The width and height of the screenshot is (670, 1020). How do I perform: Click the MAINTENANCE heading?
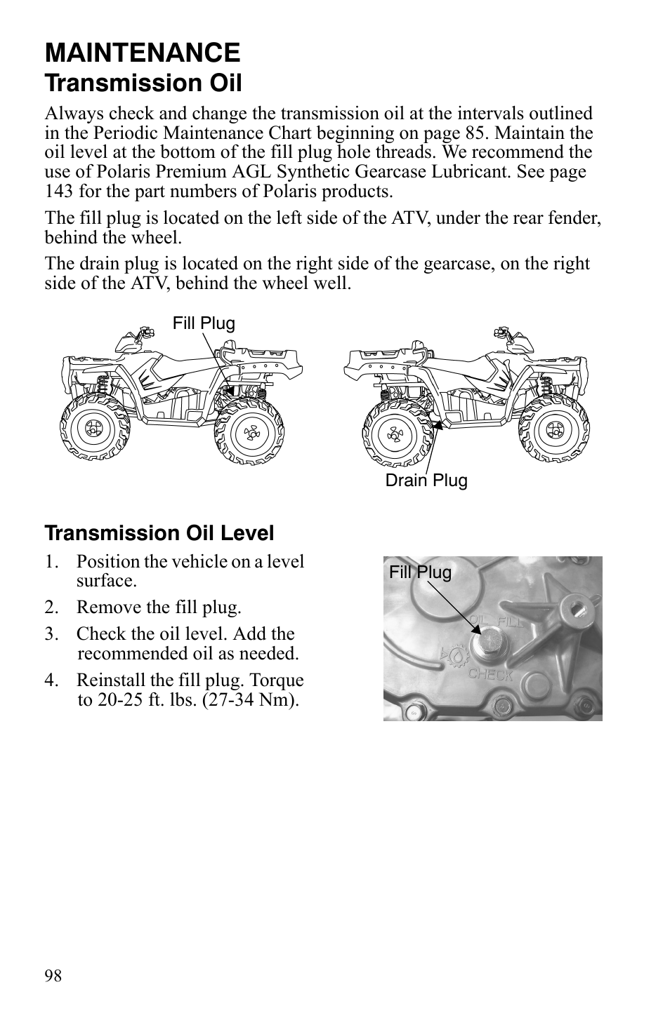pos(142,53)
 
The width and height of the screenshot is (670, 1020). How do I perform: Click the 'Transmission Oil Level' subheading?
pos(159,533)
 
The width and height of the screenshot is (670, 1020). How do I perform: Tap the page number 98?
pos(53,976)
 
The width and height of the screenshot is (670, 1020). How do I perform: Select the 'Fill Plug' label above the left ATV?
pos(204,323)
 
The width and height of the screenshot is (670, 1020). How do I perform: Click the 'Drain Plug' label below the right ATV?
pos(426,481)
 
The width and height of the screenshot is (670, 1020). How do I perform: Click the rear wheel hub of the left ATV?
pos(249,432)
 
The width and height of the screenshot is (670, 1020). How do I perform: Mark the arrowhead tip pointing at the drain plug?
pos(436,424)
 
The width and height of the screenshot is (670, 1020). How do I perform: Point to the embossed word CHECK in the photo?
pos(490,675)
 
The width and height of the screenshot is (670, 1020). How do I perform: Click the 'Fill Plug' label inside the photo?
pos(421,572)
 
